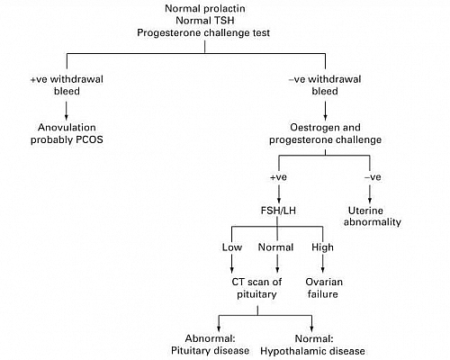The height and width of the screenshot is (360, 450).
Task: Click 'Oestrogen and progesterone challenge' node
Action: [313, 133]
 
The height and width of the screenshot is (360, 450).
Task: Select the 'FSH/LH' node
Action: [277, 214]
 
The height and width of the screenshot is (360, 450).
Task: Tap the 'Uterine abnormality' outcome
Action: [372, 214]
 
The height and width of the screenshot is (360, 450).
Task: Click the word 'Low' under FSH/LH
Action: [231, 247]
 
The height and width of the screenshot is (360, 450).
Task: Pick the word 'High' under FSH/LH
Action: [322, 247]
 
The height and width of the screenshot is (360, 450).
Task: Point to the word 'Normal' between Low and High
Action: [277, 247]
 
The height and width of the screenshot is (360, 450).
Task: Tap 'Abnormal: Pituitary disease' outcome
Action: [211, 344]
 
